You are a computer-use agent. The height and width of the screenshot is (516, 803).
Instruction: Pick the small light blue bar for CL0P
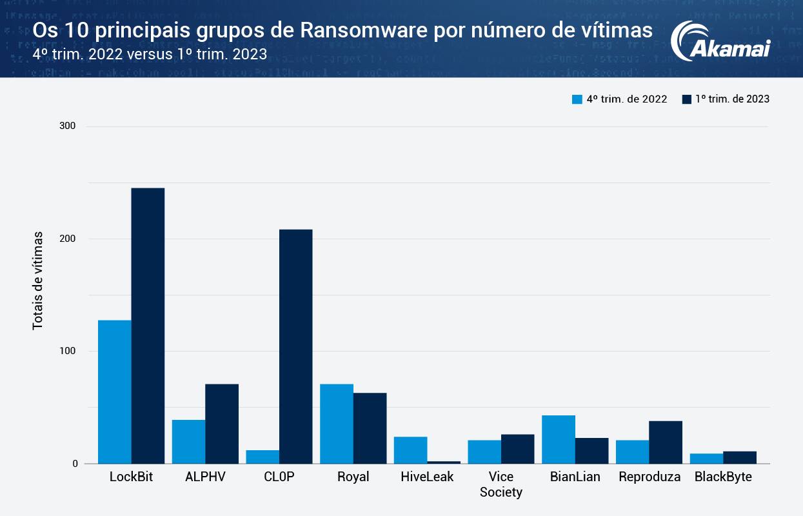coord(263,457)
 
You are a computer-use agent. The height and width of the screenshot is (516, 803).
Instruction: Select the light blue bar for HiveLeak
coord(411,450)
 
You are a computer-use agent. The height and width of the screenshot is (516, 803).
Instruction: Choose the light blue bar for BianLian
coord(559,439)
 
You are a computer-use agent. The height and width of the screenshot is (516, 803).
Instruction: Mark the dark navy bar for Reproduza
coord(666,442)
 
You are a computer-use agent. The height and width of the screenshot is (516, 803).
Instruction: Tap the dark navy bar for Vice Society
coord(517,449)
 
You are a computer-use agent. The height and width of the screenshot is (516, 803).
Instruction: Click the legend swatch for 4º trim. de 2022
coord(577,99)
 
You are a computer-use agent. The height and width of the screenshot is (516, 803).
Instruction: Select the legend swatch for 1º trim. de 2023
coord(686,99)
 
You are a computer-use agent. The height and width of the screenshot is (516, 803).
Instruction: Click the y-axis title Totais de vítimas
coord(38,281)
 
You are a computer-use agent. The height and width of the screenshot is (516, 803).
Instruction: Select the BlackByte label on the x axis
coord(723,477)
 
